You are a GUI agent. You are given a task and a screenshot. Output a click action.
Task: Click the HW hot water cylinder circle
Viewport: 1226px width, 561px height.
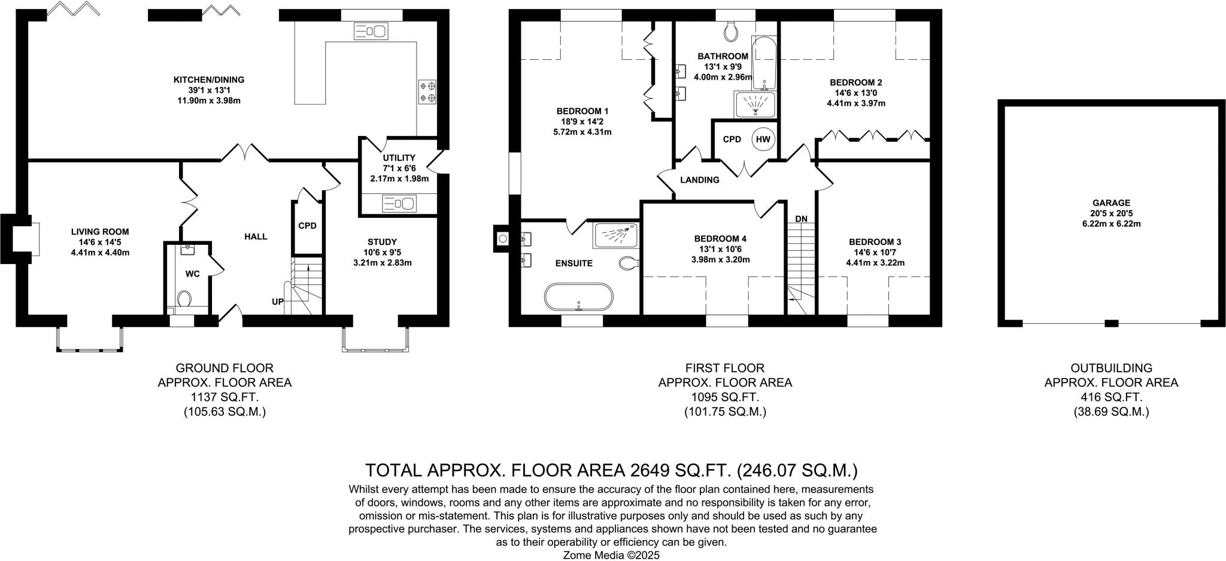pyautogui.click(x=763, y=140)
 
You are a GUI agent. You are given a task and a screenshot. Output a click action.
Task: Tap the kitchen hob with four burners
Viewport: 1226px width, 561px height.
pyautogui.click(x=427, y=91)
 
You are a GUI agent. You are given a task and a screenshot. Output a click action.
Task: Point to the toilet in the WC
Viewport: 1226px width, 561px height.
pyautogui.click(x=185, y=298)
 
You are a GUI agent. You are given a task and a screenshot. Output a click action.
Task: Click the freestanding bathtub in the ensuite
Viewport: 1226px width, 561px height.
pyautogui.click(x=579, y=297)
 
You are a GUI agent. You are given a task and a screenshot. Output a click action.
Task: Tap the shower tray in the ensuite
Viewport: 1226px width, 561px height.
pyautogui.click(x=616, y=235)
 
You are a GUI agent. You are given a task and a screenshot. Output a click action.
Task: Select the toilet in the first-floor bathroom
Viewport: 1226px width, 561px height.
pyautogui.click(x=731, y=32)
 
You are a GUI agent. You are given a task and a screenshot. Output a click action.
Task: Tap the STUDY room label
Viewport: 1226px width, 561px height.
pyautogui.click(x=382, y=242)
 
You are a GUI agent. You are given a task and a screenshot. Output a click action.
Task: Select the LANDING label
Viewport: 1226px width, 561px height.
pyautogui.click(x=700, y=180)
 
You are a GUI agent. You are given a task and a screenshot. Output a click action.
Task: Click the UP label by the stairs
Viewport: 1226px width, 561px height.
pyautogui.click(x=278, y=302)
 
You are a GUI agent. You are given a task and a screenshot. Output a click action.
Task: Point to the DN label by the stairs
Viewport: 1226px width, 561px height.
pyautogui.click(x=802, y=219)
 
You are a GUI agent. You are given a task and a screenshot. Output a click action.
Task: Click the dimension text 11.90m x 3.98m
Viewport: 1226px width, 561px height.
pyautogui.click(x=209, y=101)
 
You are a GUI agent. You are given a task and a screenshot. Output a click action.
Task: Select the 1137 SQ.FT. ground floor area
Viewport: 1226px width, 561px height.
pyautogui.click(x=224, y=397)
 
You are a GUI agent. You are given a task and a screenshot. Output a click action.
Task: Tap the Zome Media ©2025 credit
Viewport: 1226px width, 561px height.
pyautogui.click(x=611, y=555)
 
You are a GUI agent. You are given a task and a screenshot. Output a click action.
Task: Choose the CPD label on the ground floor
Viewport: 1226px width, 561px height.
pyautogui.click(x=307, y=226)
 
